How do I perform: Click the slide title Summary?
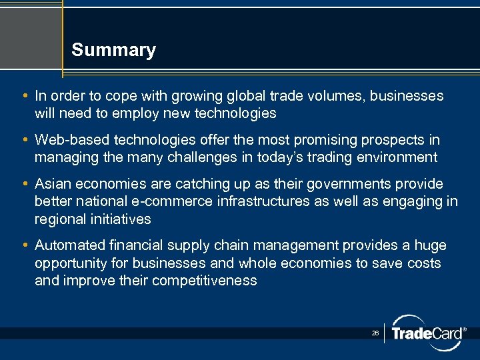[113, 50]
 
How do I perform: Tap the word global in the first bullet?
[257, 96]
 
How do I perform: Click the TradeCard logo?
[427, 333]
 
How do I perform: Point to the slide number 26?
[375, 332]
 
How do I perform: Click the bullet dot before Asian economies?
[25, 183]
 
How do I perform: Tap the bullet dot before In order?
[25, 96]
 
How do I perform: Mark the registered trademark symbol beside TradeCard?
[464, 329]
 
